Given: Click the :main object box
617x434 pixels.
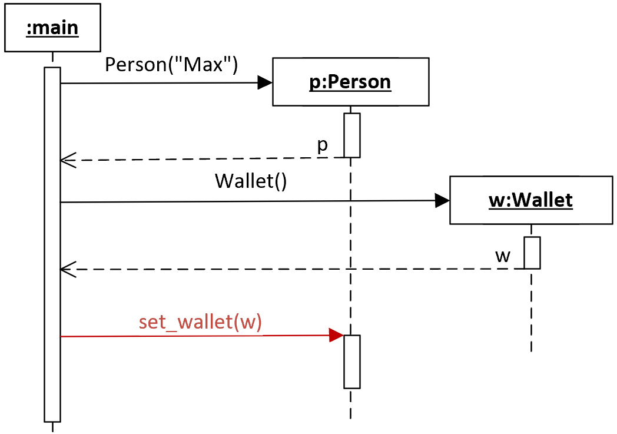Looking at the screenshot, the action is point(53,28).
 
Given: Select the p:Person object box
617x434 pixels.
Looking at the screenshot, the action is point(351,82).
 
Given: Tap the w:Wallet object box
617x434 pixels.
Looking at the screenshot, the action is point(531,200).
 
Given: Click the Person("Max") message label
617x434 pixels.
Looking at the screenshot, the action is point(171,65).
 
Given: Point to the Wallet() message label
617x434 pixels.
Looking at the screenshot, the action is point(251,181).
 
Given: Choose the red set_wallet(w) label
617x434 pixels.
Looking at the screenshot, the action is point(200,322).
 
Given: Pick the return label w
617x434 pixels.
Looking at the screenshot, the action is point(503,257).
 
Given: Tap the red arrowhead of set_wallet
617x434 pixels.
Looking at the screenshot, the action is point(336,335).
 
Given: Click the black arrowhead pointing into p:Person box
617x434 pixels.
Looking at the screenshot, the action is point(265,82).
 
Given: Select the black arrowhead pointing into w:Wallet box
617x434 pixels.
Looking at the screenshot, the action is point(442,201).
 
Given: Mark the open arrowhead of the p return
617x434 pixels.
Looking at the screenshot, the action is point(68,160).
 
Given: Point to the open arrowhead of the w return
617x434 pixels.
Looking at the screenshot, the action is point(68,270).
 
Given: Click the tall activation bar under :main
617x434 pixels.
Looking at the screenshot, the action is point(52,244).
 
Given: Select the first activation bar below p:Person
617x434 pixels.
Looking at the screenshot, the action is point(352,135).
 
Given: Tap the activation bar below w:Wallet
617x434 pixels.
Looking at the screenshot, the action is point(532,253).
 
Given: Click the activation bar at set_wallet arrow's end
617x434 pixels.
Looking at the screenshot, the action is point(352,362).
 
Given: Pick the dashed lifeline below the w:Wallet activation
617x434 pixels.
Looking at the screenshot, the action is point(531,310).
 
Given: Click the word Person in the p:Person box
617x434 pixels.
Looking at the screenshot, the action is point(359,82).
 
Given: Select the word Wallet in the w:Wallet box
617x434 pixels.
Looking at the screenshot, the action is point(543,200).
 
